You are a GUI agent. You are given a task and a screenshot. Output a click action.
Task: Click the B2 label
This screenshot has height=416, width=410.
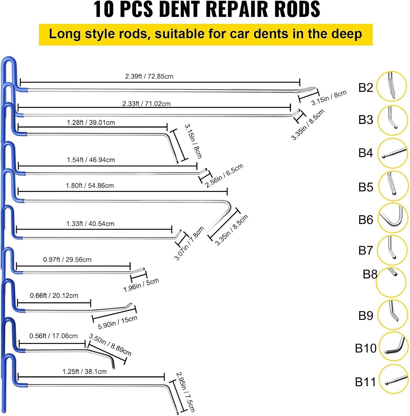366,88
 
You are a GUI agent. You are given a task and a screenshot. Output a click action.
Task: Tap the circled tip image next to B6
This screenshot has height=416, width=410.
393,218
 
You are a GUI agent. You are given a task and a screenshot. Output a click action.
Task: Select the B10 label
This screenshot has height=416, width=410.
366,348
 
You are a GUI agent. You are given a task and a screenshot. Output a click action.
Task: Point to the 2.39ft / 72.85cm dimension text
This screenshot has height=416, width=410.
149,76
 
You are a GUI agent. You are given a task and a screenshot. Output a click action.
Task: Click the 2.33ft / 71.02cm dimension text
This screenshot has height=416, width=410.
146,104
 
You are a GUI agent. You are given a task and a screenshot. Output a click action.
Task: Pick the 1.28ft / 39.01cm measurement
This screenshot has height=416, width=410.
91,123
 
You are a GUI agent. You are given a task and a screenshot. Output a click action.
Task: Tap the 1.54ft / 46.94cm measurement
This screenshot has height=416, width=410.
91,160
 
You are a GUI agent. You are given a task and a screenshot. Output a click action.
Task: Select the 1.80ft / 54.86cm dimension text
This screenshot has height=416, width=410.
90,186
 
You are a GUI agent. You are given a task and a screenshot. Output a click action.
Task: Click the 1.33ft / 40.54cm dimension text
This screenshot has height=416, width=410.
90,224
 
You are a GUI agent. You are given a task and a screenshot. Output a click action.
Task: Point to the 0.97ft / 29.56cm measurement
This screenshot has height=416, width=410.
67,260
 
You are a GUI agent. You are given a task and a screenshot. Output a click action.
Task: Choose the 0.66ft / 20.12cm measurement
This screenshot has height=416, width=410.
54,296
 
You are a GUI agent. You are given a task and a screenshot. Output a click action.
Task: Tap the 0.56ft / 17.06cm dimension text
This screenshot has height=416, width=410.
53,336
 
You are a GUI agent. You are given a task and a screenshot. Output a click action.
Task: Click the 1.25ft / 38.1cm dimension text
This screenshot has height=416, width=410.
84,372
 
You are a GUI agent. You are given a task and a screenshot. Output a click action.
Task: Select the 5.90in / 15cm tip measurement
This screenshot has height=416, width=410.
118,322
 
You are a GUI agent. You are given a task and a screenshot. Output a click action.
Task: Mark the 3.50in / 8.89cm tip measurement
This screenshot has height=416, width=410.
110,345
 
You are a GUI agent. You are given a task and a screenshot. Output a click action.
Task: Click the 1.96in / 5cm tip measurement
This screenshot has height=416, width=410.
141,285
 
